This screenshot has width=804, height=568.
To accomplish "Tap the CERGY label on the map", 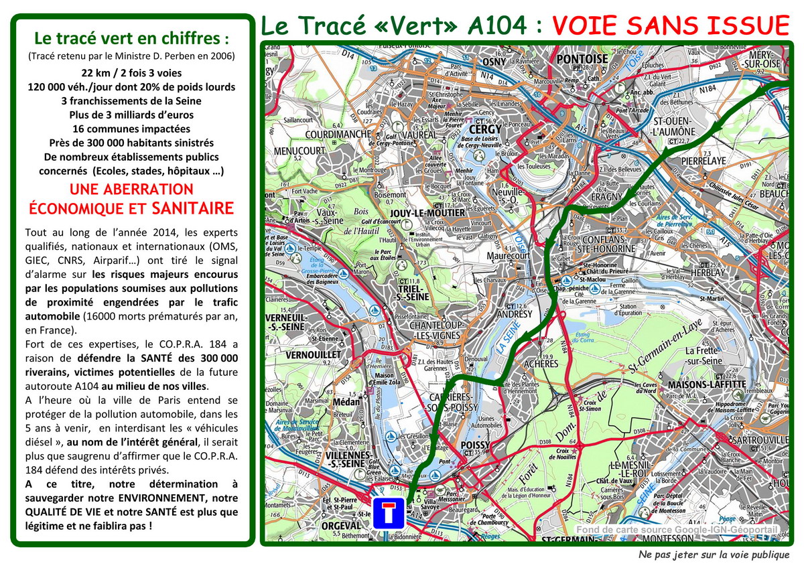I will pyautogui.click(x=486, y=129).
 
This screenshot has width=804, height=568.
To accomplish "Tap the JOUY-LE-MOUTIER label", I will pyautogui.click(x=427, y=213).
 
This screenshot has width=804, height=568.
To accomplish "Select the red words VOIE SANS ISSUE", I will pyautogui.click(x=671, y=25).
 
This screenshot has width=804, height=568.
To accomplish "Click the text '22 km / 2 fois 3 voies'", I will pyautogui.click(x=131, y=72).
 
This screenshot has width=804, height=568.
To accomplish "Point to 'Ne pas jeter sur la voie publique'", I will pyautogui.click(x=713, y=555).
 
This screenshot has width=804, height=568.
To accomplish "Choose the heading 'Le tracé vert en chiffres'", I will pyautogui.click(x=131, y=38).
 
